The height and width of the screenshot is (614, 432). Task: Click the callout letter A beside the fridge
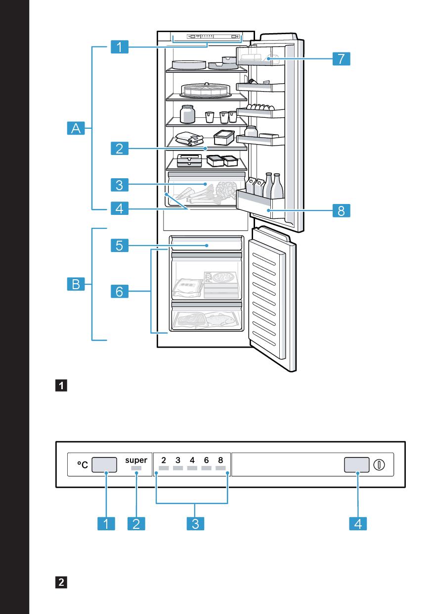[x=76, y=129]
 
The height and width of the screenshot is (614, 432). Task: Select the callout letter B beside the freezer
[x=76, y=284]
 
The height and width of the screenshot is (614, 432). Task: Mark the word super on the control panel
[x=136, y=460]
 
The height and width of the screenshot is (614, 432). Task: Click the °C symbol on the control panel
[x=82, y=465]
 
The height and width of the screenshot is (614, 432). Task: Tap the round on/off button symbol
[x=380, y=465]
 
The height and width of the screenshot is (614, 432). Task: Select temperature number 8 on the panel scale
[x=220, y=460]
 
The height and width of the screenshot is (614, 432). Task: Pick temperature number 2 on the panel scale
[x=163, y=460]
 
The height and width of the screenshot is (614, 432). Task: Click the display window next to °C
[x=105, y=465]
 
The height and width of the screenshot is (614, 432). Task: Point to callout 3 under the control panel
[x=195, y=524]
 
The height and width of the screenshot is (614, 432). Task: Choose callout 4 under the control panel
[x=358, y=524]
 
